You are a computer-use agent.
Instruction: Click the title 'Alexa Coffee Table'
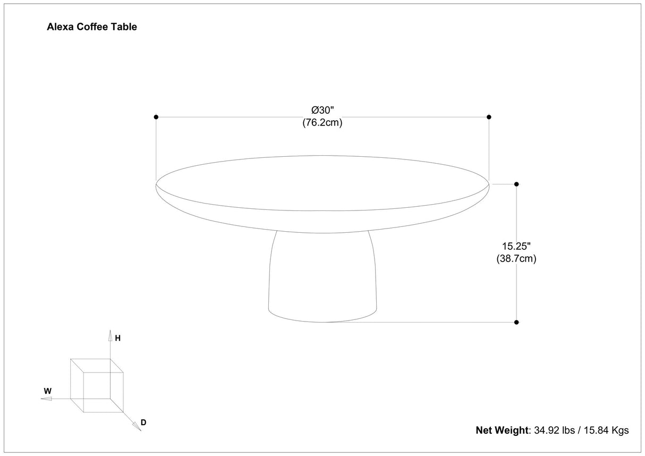(x=92, y=27)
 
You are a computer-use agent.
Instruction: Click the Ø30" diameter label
(x=322, y=111)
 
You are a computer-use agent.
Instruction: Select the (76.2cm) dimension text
(x=322, y=122)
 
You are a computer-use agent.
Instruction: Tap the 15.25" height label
(x=516, y=247)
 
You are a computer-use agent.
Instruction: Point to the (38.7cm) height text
(x=516, y=259)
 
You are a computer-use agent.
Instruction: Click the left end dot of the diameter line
(x=156, y=117)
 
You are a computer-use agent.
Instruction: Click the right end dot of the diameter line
(x=489, y=117)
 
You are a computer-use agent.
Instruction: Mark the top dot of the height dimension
(x=516, y=184)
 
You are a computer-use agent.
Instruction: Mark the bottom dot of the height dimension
(x=516, y=322)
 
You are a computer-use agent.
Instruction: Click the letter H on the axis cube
(x=118, y=338)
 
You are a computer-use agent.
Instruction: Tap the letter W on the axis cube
(x=47, y=391)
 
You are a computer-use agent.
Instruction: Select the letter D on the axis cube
(x=143, y=423)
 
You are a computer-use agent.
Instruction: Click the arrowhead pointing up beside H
(x=110, y=335)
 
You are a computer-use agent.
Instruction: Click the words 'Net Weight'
(x=501, y=430)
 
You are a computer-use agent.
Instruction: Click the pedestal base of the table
(x=322, y=276)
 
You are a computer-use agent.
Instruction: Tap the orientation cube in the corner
(x=97, y=385)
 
